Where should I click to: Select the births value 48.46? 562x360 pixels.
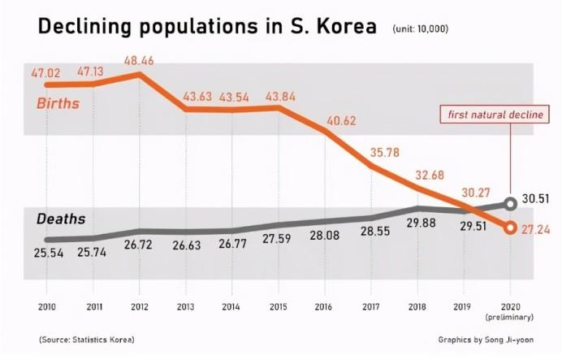(140, 60)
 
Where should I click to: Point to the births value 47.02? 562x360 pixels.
(46, 72)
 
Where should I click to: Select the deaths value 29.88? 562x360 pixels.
(419, 223)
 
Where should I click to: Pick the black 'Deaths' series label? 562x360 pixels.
(61, 219)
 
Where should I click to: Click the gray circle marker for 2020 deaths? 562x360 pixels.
(510, 204)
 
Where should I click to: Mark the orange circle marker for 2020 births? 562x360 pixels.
(510, 228)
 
